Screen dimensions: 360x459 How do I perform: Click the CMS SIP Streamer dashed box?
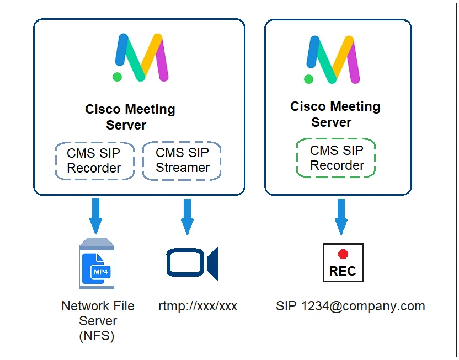click(182, 160)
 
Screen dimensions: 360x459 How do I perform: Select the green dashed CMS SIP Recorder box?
click(336, 158)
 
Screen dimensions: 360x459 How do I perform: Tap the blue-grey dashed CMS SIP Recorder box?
click(94, 160)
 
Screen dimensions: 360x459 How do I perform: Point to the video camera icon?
click(192, 262)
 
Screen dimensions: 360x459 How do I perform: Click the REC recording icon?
click(343, 263)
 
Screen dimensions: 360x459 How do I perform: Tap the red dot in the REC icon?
click(343, 254)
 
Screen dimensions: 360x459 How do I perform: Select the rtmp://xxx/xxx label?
click(198, 307)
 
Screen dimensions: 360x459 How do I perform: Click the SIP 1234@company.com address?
click(350, 307)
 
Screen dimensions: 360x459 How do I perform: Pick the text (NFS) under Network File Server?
click(98, 336)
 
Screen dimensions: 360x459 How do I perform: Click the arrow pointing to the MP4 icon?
click(96, 216)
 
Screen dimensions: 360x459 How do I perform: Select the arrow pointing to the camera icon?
click(188, 216)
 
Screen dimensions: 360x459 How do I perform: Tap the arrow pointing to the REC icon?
click(341, 216)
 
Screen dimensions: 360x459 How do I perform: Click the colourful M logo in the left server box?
click(141, 57)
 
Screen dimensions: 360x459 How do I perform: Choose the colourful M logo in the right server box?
click(332, 59)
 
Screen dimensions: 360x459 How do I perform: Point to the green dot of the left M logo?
click(117, 77)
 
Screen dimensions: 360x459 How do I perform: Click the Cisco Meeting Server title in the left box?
click(130, 117)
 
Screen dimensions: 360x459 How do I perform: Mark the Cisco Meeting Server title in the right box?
click(335, 114)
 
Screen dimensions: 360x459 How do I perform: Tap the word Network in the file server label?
click(83, 306)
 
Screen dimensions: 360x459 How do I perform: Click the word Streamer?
click(183, 168)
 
